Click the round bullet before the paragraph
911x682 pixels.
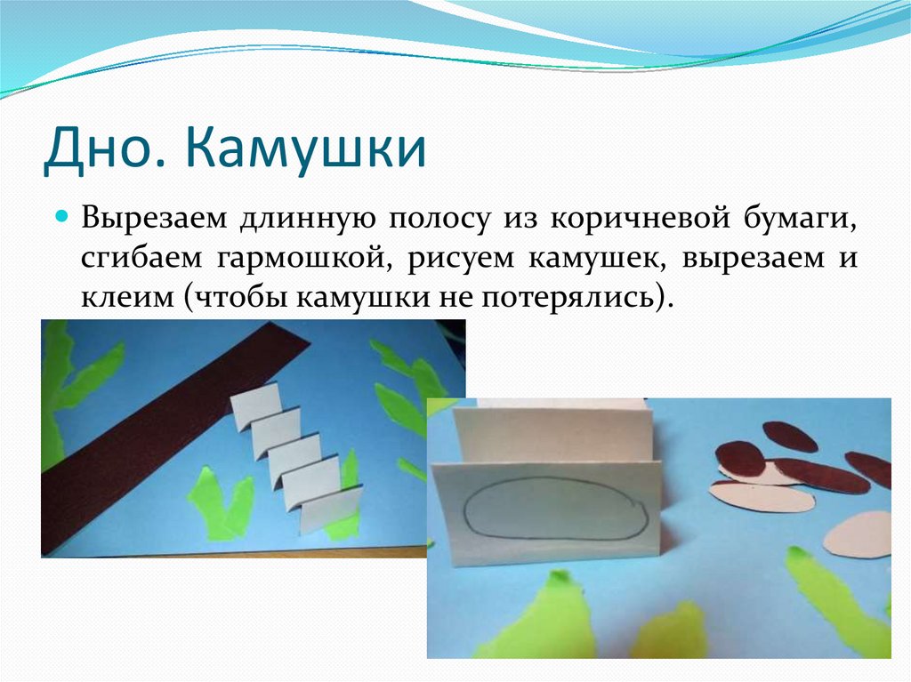[63, 217]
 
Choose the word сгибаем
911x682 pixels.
[141, 258]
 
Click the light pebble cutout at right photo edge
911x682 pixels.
[859, 534]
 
